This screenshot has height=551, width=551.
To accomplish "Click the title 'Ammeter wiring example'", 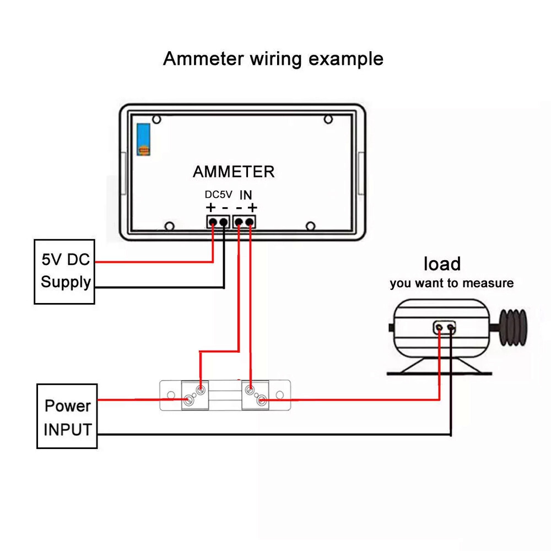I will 273,58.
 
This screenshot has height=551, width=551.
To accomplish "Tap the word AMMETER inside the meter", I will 234,172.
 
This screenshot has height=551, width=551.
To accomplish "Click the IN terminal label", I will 246,195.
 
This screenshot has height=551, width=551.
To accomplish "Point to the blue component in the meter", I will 144,139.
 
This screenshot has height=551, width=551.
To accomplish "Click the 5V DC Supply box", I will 64,271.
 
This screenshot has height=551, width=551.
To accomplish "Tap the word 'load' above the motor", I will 442,264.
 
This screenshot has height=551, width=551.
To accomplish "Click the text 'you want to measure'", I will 451,284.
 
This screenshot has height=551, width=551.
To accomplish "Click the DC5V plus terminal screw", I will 213,222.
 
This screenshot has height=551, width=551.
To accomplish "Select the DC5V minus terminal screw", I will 223,222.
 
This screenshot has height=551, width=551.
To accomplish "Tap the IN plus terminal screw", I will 250,222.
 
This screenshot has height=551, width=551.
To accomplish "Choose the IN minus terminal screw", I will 239,222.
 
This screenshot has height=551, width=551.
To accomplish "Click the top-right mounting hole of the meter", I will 328,119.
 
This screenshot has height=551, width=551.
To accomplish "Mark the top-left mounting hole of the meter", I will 156,119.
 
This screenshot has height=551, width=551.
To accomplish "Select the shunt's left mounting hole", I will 170,396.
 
